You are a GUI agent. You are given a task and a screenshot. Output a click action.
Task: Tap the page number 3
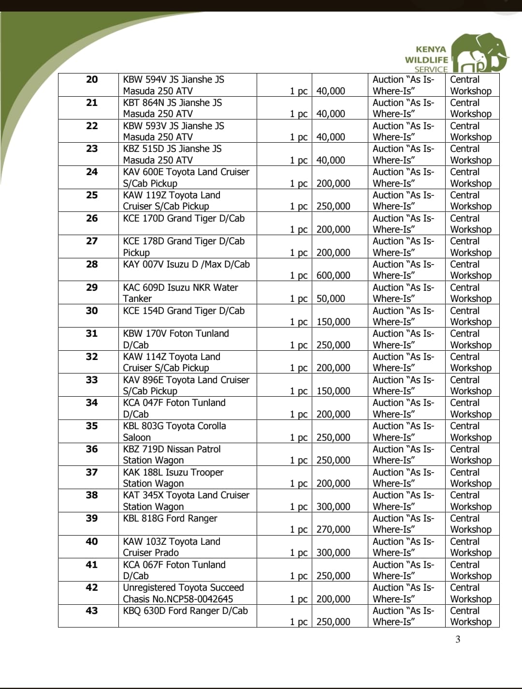tap(458, 640)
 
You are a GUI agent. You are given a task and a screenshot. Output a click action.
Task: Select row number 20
tap(92, 79)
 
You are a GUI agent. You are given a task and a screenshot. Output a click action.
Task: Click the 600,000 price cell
tap(333, 275)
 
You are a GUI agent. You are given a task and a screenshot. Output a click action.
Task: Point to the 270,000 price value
tap(333, 529)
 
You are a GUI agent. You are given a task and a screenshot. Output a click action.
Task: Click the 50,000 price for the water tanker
tap(331, 299)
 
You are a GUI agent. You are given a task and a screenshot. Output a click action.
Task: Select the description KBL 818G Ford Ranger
tap(170, 518)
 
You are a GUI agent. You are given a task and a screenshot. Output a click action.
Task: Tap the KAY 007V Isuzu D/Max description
tap(186, 264)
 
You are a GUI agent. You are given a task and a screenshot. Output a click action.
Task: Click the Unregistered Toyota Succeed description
tap(183, 593)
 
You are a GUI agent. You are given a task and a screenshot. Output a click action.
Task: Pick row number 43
tap(92, 611)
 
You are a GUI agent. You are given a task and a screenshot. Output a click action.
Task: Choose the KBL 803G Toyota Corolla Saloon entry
tap(174, 431)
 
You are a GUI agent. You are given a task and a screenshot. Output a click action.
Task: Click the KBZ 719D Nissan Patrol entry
tap(172, 454)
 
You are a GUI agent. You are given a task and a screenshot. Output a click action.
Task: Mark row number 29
tap(92, 287)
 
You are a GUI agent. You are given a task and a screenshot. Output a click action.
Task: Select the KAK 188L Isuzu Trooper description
tap(173, 478)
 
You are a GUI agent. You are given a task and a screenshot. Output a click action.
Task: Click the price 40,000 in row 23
tap(331, 160)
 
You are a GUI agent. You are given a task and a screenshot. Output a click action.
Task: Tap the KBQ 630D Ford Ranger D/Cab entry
tap(185, 611)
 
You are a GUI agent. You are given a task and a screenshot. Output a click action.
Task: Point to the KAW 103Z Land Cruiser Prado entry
tap(171, 547)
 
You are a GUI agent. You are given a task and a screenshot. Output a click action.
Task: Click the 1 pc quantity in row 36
tap(298, 460)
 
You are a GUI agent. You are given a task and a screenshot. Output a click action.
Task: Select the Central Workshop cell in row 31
tap(470, 339)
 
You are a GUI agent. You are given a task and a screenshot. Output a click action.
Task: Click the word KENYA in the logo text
tap(431, 49)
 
